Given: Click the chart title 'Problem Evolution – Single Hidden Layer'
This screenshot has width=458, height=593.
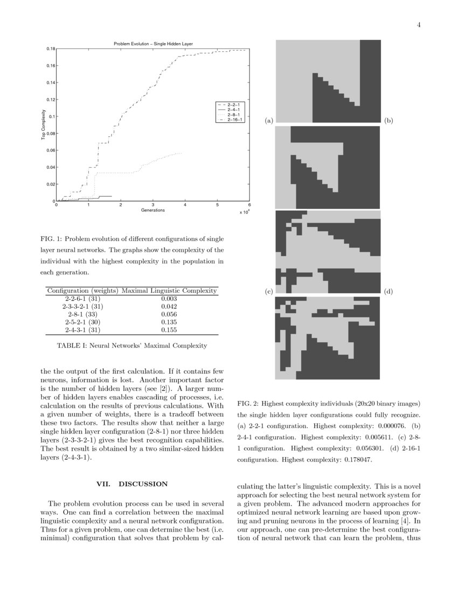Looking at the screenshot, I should coord(153,43).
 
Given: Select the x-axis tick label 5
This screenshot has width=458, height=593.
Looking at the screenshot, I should coord(217,205).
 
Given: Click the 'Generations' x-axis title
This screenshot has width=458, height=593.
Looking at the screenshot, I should coord(153,210).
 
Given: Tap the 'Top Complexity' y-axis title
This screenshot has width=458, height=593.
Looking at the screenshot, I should coord(43,125).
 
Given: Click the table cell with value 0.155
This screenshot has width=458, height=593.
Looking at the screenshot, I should coord(169,330).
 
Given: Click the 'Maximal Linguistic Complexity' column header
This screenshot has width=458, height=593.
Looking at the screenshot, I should coord(169,291).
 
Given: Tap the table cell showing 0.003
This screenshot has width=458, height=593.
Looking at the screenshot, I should coord(169,299).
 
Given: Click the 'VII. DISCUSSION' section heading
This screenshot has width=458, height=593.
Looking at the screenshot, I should coord(132,484).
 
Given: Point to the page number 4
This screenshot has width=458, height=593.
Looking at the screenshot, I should coord(418,24).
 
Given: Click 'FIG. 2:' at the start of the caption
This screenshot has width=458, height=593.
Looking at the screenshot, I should coord(248,404).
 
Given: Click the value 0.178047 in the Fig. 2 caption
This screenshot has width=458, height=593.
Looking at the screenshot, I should coord(353,460).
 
